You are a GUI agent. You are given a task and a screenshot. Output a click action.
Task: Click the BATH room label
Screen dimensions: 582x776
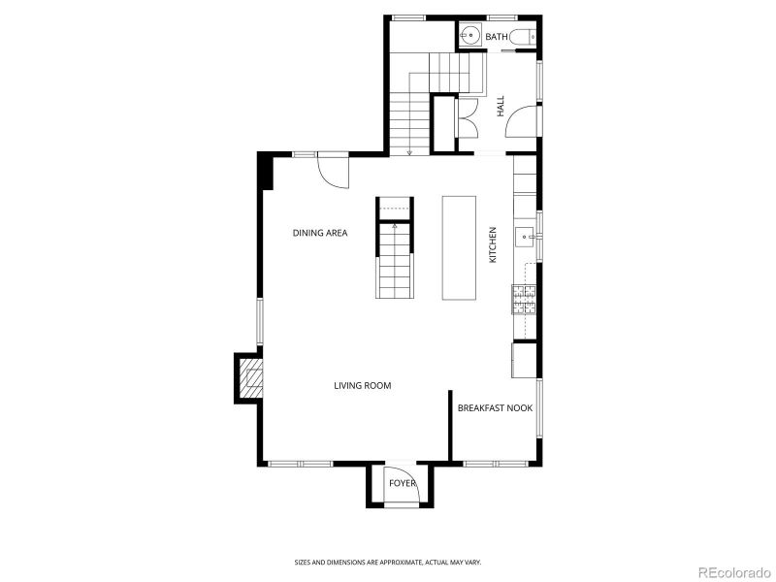tap(496, 37)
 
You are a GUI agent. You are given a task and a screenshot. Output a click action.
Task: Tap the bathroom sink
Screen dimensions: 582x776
tap(469, 37)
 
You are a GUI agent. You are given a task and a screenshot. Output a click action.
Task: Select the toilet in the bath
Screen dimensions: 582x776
tap(522, 37)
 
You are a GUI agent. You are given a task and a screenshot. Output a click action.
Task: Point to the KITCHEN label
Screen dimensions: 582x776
tap(493, 245)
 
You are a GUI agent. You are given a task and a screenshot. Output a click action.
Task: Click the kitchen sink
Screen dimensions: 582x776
tap(524, 235)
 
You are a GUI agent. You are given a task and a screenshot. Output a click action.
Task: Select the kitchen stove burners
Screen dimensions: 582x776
tap(523, 301)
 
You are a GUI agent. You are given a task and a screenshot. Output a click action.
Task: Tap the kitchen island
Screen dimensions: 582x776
tap(459, 247)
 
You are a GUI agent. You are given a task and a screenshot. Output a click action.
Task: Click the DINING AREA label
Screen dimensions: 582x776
tap(320, 233)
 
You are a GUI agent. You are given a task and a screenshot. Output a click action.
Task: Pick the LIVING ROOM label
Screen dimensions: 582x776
tap(362, 385)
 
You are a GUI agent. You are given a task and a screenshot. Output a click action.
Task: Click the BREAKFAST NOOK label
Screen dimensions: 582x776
tap(496, 408)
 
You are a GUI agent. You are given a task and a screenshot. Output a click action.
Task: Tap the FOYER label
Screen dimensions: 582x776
tap(402, 482)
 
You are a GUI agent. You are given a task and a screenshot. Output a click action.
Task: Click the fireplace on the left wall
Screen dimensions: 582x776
tap(249, 378)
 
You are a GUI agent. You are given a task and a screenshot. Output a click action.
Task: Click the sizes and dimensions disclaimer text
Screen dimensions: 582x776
tap(388, 562)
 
